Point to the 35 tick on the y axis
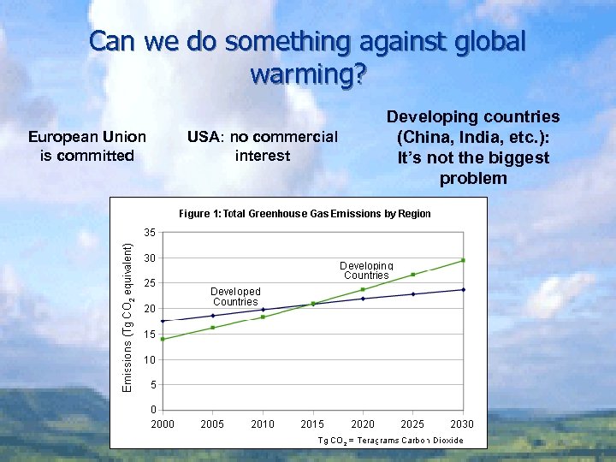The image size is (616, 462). click(149, 232)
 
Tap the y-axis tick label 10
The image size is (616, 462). click(149, 359)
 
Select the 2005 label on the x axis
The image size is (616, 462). click(213, 423)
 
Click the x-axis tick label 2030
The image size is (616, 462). click(462, 423)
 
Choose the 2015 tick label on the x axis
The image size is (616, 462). click(312, 423)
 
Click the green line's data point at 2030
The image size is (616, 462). click(463, 260)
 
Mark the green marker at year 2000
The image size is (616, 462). click(163, 339)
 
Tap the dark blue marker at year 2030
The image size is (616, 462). click(463, 289)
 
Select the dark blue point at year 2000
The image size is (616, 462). click(163, 321)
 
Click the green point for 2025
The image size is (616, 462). click(413, 275)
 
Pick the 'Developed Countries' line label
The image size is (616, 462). click(235, 297)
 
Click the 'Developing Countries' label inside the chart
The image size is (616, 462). click(366, 271)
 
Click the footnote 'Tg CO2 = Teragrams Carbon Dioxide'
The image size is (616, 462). click(390, 440)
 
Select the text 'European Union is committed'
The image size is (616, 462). click(87, 145)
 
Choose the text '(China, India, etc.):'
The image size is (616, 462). click(473, 137)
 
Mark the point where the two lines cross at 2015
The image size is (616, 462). click(313, 304)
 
